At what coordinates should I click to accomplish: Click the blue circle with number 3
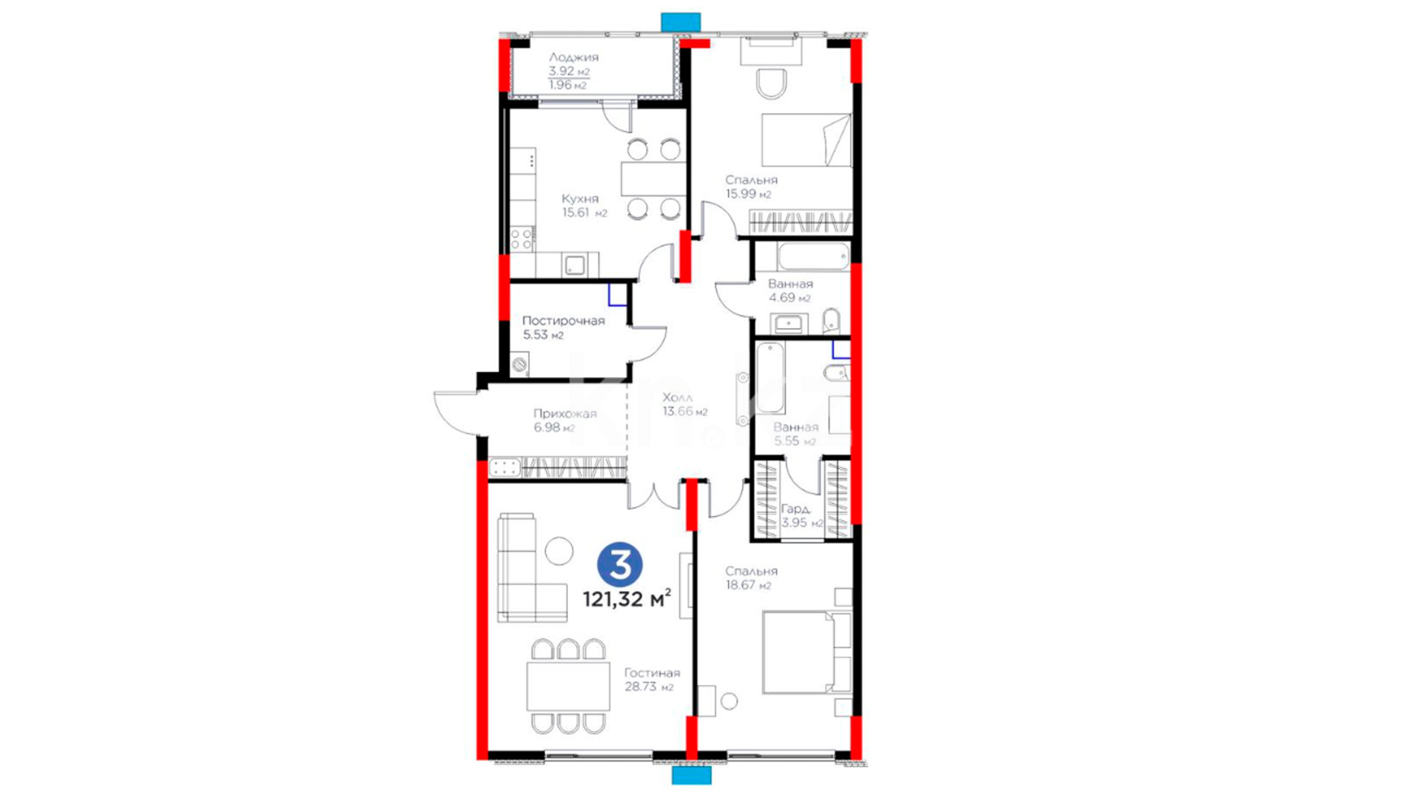point(620,565)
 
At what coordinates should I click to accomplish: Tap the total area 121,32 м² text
point(627,599)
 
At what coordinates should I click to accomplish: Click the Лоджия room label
point(573,57)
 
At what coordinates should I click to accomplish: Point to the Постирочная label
point(564,321)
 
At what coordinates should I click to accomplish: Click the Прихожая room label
point(565,414)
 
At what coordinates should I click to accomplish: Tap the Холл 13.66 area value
point(685,412)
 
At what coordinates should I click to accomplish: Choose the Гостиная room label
point(652,673)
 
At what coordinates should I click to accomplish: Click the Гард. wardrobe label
point(796,510)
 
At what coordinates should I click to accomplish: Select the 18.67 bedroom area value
point(748,585)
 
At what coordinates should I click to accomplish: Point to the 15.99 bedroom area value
point(748,194)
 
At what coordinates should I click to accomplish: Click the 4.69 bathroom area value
point(790,298)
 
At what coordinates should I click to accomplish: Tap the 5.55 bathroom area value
point(795,441)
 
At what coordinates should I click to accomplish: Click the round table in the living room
point(559,551)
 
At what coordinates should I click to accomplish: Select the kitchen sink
point(575,264)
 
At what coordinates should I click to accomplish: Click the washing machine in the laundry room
point(520,364)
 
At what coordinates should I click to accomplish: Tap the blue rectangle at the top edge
point(681,22)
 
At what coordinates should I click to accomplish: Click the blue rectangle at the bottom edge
point(692,776)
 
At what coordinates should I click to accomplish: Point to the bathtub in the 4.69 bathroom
point(813,257)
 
